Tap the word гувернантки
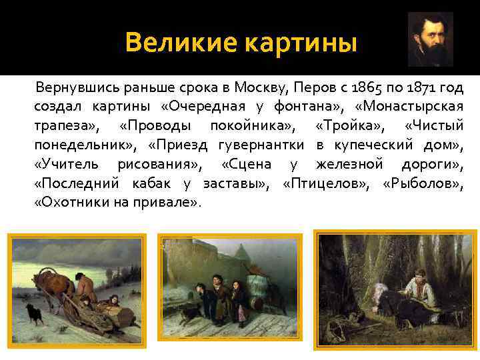pyautogui.click(x=263, y=144)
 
